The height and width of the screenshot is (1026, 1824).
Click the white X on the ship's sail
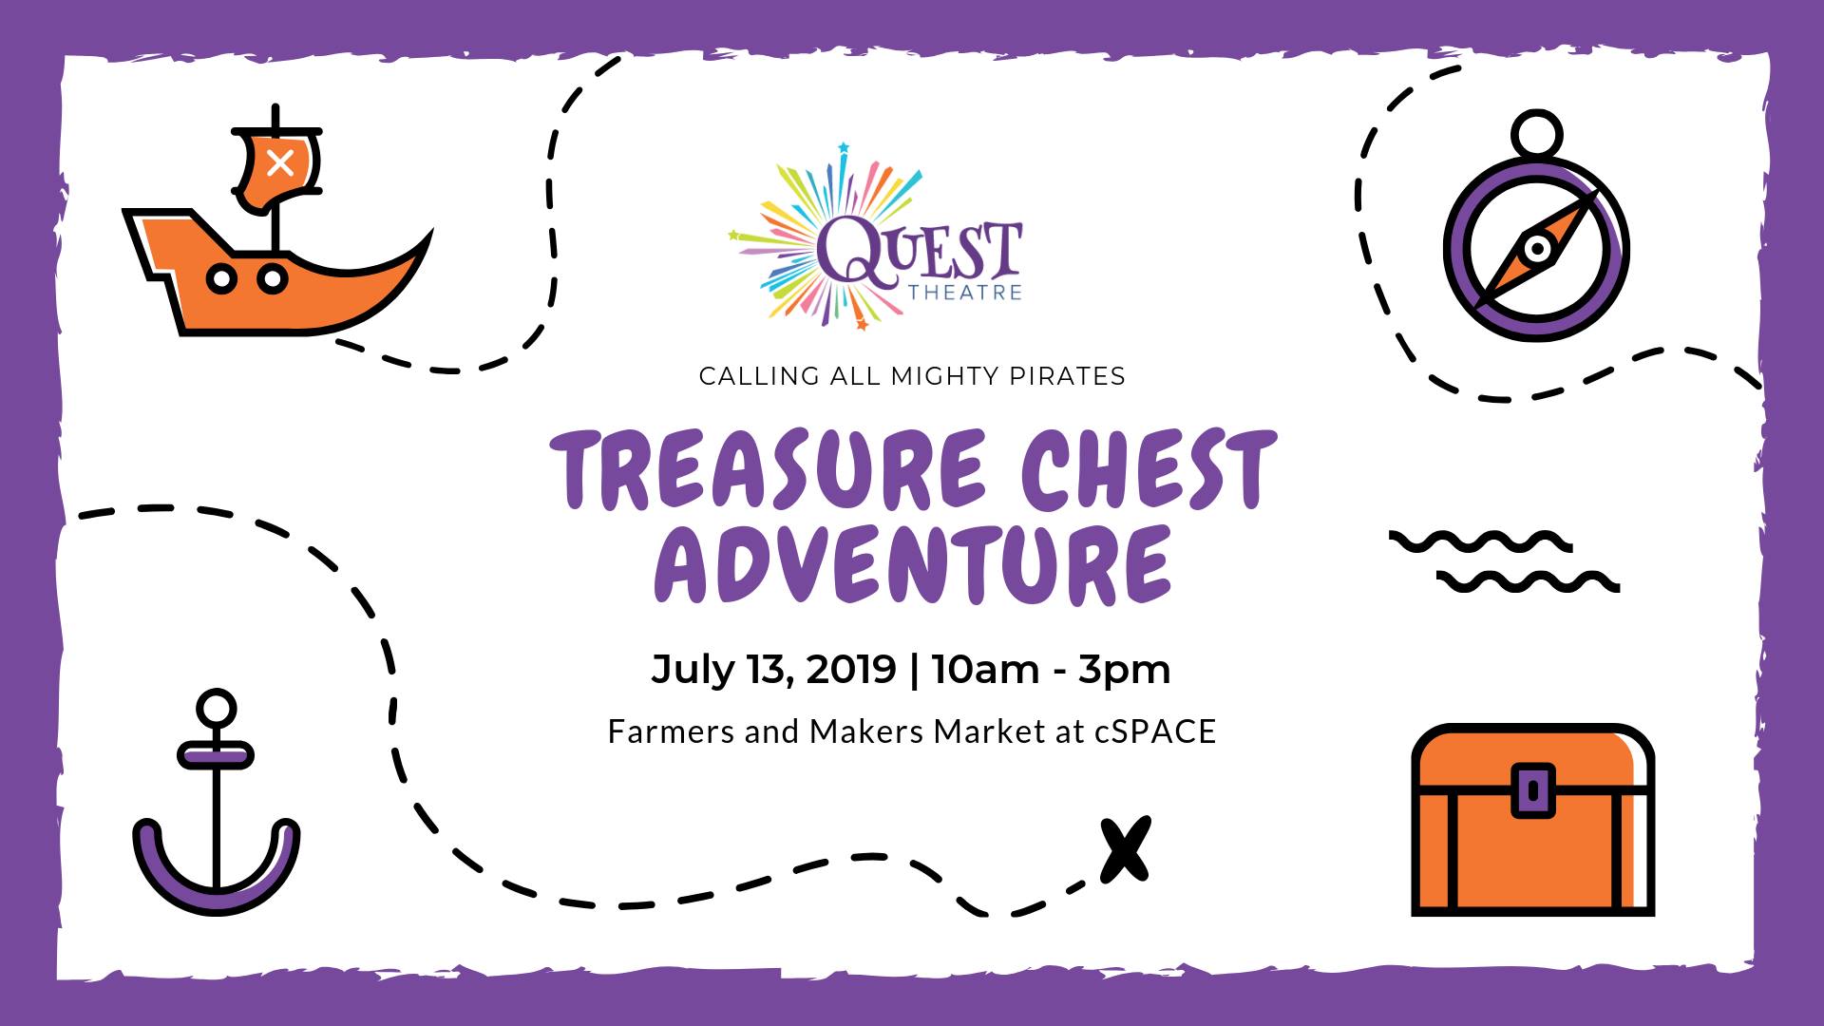coord(279,162)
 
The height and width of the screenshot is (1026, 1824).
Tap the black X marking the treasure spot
coord(1126,849)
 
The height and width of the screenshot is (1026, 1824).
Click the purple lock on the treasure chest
coord(1532,789)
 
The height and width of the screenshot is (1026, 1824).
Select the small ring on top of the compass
coord(1536,132)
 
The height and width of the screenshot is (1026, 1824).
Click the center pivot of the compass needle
coord(1536,250)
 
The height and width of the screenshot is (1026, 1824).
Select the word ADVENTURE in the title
coord(912,563)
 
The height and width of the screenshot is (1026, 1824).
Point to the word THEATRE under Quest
coord(964,293)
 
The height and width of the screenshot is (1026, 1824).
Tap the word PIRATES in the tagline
coord(1067,376)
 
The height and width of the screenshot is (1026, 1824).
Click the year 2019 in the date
coord(851,669)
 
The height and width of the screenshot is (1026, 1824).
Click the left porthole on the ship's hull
coord(222,279)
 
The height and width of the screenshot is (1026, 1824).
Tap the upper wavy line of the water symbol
coord(1480,541)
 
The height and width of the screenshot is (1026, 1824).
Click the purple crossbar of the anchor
coord(216,755)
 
